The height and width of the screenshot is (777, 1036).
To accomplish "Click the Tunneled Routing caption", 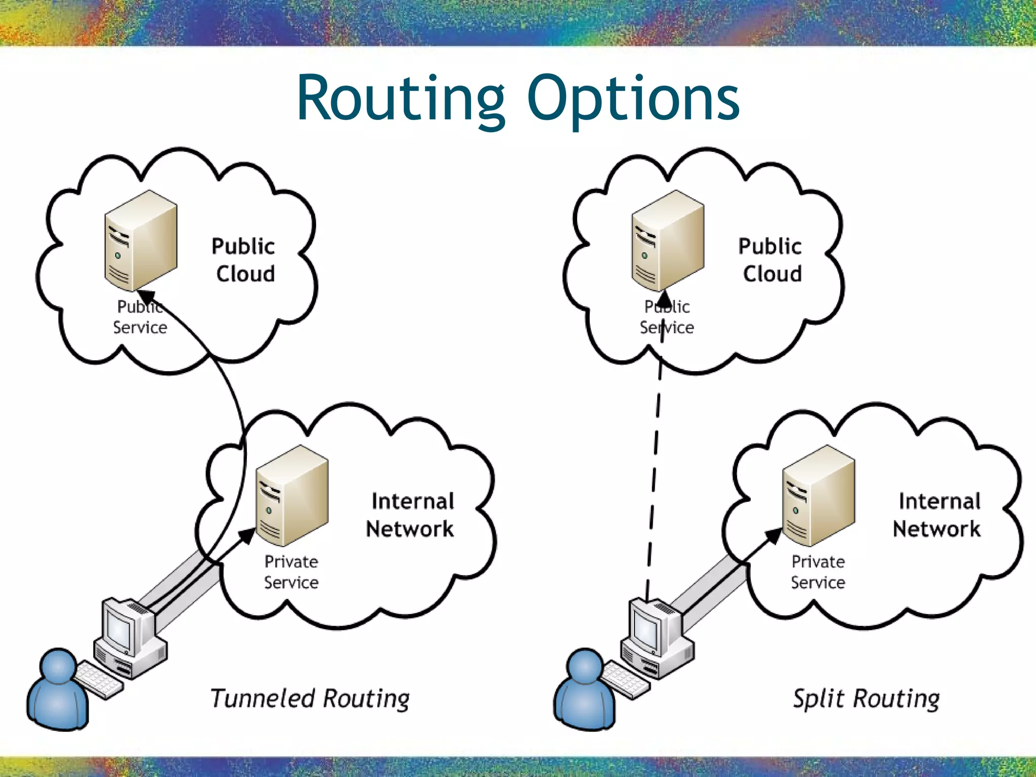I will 310,699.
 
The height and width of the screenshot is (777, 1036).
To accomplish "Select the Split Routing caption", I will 866,699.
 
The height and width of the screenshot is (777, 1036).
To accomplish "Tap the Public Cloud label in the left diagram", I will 244,260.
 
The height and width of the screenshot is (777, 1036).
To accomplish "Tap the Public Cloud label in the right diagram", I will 770,260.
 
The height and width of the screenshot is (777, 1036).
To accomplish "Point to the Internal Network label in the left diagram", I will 411,515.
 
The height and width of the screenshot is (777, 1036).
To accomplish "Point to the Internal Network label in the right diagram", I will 937,515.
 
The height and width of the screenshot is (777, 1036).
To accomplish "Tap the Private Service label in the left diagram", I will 291,572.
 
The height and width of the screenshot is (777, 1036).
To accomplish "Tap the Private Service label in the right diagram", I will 818,572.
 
